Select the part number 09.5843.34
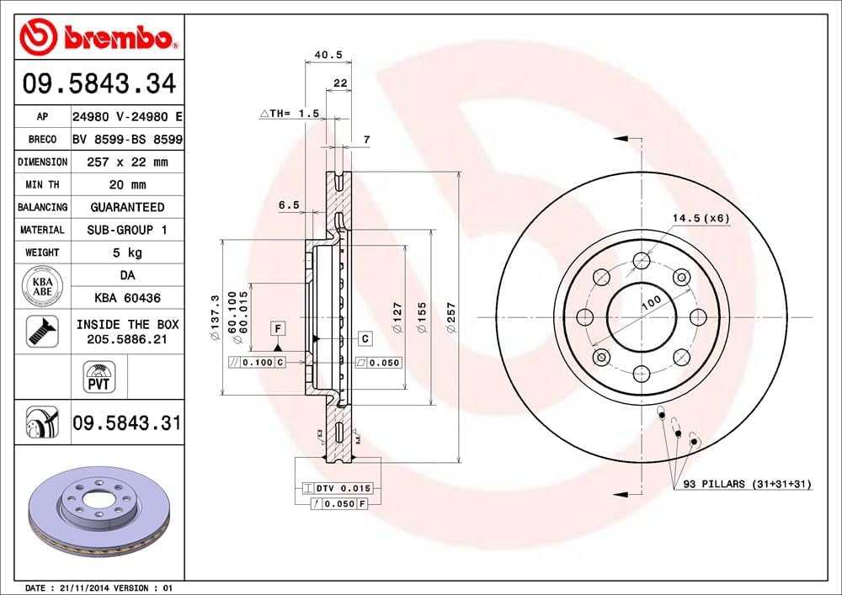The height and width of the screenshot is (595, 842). [x=99, y=84]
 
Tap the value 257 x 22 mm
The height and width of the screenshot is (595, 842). [x=128, y=162]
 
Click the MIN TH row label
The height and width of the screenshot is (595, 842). [x=42, y=184]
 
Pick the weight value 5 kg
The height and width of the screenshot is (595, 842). [x=128, y=252]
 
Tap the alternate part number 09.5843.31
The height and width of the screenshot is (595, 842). [x=127, y=422]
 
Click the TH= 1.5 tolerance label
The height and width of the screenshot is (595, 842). [x=290, y=112]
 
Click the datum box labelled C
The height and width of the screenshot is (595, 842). [x=365, y=338]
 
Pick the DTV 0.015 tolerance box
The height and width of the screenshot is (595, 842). [x=337, y=488]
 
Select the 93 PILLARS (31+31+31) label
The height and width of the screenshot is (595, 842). [x=746, y=484]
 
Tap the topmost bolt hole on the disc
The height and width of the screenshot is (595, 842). [x=642, y=259]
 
